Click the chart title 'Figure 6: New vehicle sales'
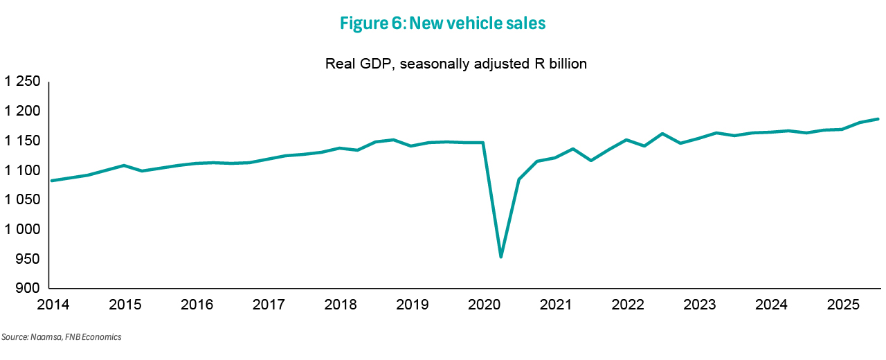point(443,24)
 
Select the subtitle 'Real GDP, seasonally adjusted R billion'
point(456,64)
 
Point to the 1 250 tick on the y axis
point(22,82)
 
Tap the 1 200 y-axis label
point(22,111)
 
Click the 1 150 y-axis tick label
point(22,141)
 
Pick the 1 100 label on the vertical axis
point(22,170)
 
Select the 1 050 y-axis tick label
point(22,200)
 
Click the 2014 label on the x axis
point(53,305)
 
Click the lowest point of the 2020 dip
point(500,257)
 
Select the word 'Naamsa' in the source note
point(42,337)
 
